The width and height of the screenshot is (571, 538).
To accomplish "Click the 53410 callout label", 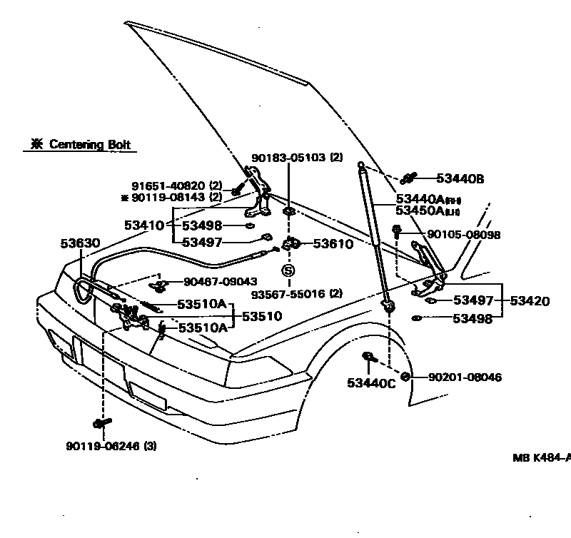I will [145, 225].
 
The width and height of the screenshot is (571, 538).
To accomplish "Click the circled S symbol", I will [287, 270].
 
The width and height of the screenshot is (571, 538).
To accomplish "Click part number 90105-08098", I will [463, 235].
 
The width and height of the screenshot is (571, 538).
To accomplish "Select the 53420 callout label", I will [529, 301].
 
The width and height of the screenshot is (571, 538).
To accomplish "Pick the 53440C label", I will [371, 383].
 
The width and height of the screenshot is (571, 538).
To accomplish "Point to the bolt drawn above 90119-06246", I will [101, 423].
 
